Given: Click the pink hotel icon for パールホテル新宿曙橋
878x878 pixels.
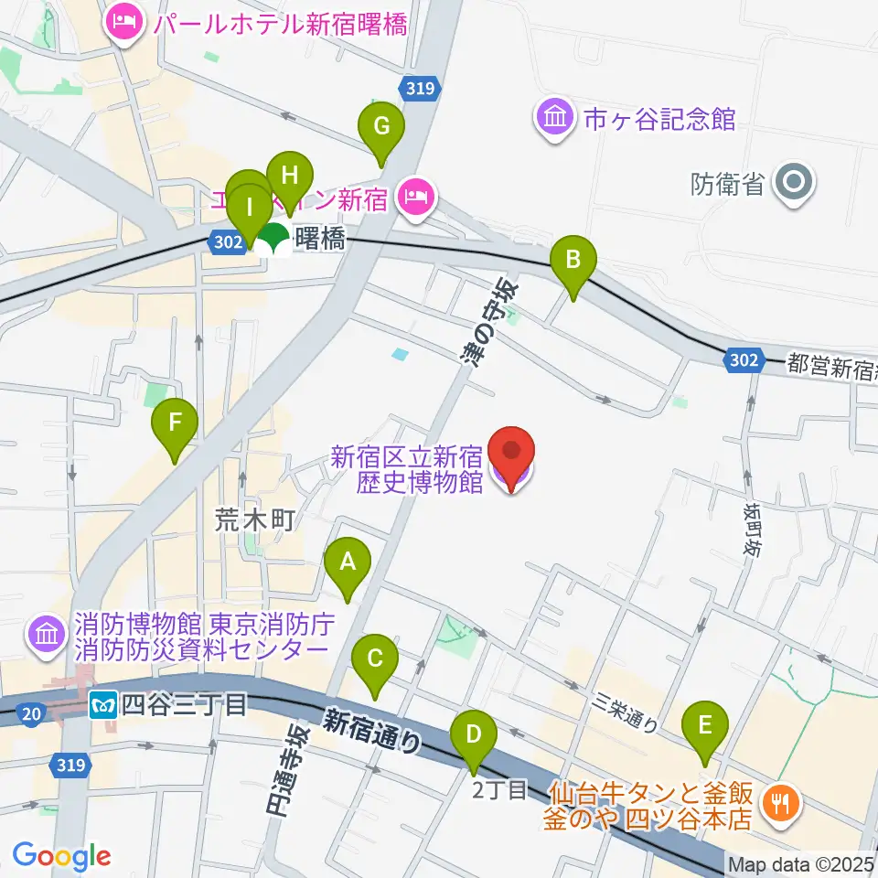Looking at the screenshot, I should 122,21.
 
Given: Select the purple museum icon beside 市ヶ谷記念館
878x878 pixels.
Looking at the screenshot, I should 555,118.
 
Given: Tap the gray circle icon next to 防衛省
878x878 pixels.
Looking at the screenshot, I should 793,183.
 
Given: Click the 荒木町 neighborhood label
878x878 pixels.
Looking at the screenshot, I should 255,521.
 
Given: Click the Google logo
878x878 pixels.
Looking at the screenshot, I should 62,856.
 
